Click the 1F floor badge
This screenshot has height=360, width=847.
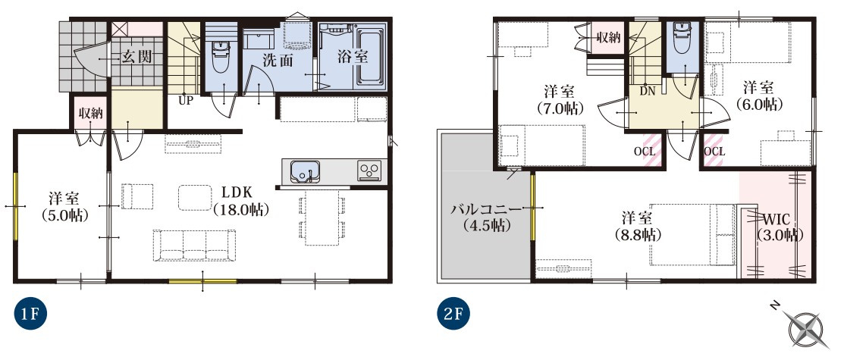(28, 314)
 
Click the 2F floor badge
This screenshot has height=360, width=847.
(453, 314)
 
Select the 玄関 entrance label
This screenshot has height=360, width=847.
(136, 56)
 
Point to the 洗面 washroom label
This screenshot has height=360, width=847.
(278, 61)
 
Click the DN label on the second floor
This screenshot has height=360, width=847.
(647, 92)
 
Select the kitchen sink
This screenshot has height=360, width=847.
(302, 171)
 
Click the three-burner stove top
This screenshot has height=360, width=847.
(369, 171)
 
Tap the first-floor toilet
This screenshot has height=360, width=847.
(220, 57)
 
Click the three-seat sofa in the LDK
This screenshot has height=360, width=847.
(194, 246)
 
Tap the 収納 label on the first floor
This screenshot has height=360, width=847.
(90, 114)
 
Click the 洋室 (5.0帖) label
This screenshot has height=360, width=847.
(64, 207)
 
